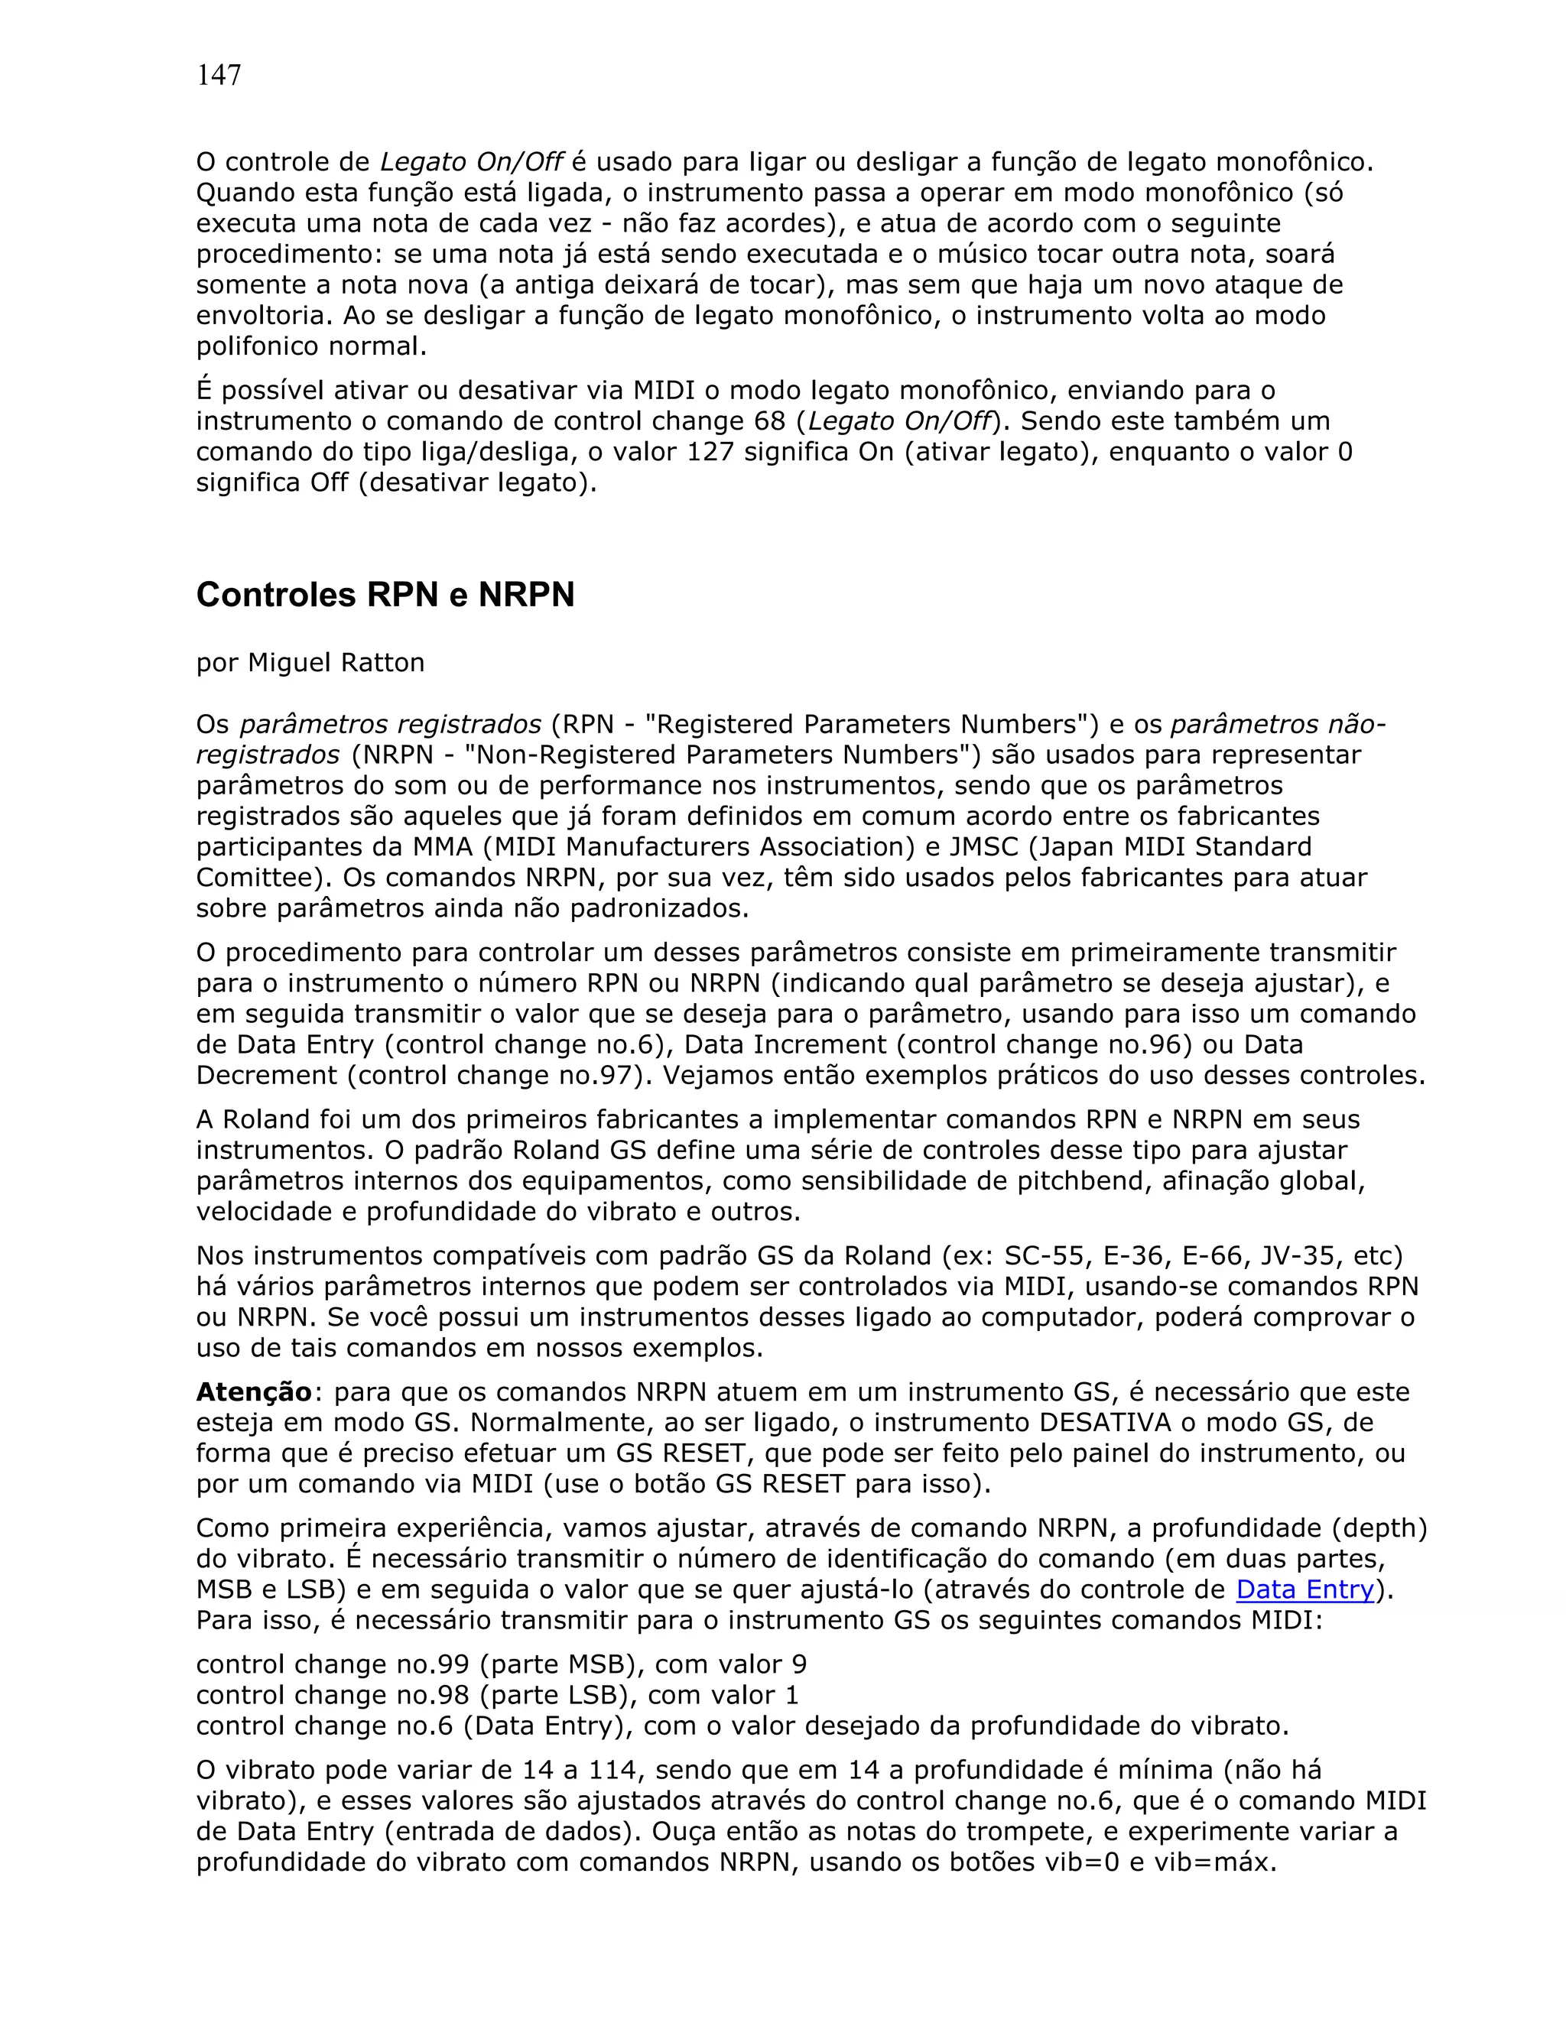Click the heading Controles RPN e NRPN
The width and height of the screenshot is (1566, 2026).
click(x=385, y=595)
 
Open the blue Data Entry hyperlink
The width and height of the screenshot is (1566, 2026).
click(x=1304, y=1589)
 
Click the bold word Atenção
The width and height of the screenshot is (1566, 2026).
click(x=254, y=1391)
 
